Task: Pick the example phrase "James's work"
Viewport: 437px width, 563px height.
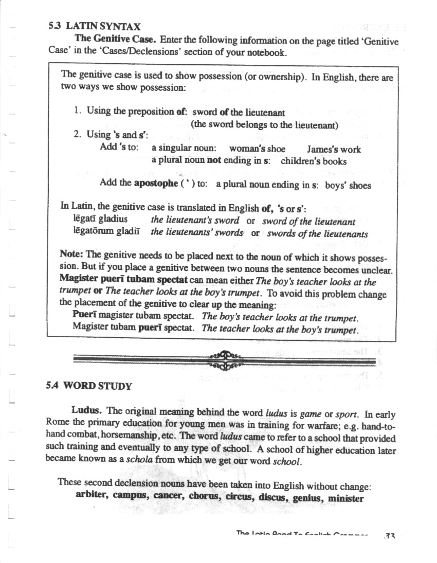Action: pyautogui.click(x=334, y=150)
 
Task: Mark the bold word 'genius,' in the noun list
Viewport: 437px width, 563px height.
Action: pyautogui.click(x=305, y=498)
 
